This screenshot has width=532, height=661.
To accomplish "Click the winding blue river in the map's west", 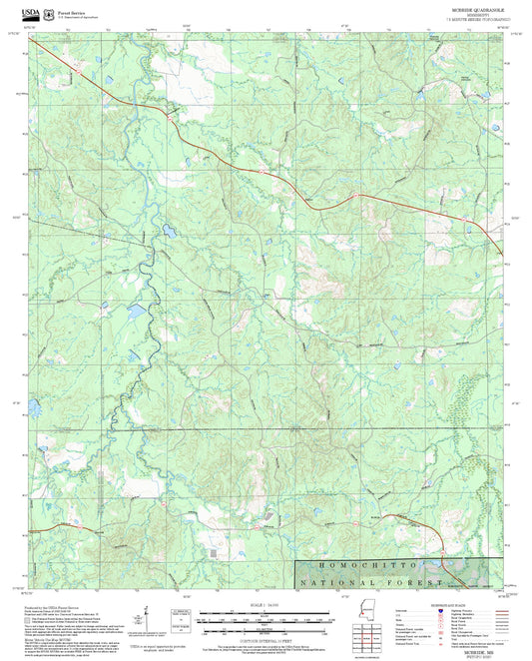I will pyautogui.click(x=146, y=300).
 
